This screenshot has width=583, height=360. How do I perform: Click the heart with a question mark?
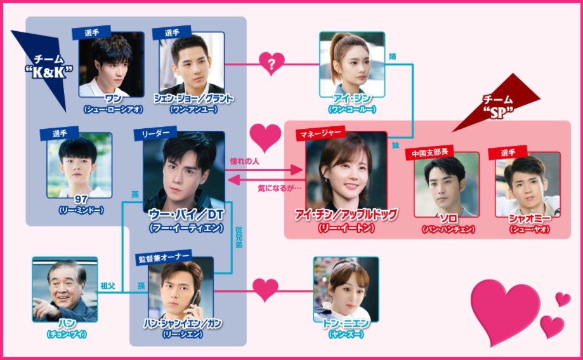point(272,64)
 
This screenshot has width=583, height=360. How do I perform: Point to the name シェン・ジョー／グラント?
point(193,99)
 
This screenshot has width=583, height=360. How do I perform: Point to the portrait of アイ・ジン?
point(351,63)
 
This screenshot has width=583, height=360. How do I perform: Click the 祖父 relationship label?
point(108,286)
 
